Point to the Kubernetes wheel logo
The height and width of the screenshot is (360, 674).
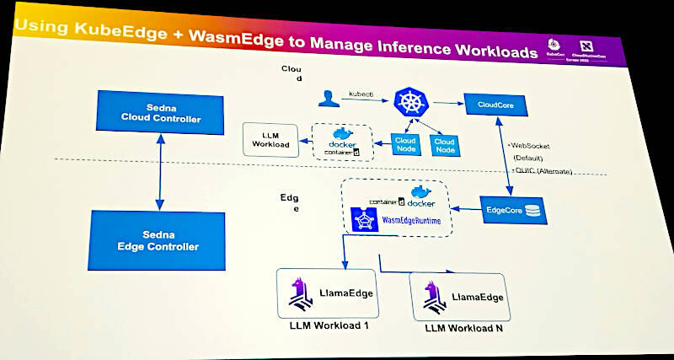tap(411, 104)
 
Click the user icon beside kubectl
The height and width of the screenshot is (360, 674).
tap(326, 99)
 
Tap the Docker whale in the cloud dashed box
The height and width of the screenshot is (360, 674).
tap(344, 135)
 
